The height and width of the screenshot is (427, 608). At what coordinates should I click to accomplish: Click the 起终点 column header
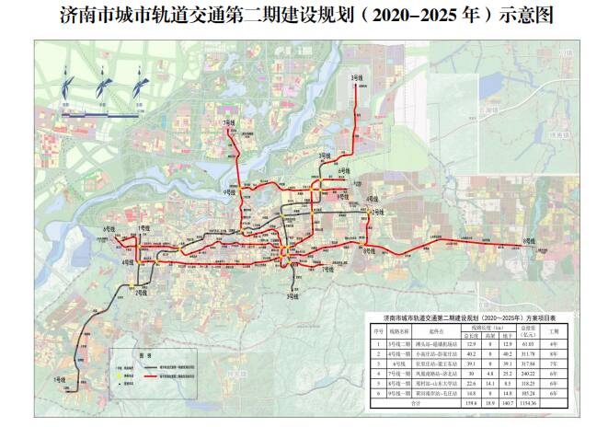[426, 329]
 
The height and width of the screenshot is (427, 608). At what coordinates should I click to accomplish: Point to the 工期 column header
[554, 329]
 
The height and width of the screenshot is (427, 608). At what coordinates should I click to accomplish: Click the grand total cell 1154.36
[528, 401]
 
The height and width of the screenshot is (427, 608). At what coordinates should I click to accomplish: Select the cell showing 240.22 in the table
[528, 373]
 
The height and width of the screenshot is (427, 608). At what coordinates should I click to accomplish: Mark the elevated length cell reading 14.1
[487, 382]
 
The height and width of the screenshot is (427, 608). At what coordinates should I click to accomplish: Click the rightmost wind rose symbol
[139, 90]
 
